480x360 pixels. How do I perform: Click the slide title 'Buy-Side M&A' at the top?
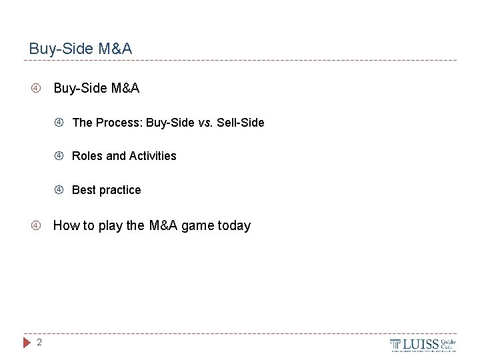(81, 49)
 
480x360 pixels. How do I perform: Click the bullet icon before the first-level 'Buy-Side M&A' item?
(37, 88)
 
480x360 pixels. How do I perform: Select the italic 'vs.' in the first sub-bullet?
(205, 123)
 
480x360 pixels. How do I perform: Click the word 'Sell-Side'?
(241, 123)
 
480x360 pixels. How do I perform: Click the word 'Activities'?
(153, 156)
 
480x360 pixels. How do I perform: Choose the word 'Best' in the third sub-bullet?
(84, 190)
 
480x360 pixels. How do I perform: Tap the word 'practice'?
(120, 190)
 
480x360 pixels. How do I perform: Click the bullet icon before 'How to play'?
(37, 225)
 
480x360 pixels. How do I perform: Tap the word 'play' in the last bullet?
(111, 225)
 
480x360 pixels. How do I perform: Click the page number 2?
(39, 343)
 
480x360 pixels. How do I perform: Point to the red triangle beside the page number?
(27, 343)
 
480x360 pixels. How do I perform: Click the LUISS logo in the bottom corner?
(423, 345)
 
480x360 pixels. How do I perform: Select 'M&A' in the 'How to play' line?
(163, 225)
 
